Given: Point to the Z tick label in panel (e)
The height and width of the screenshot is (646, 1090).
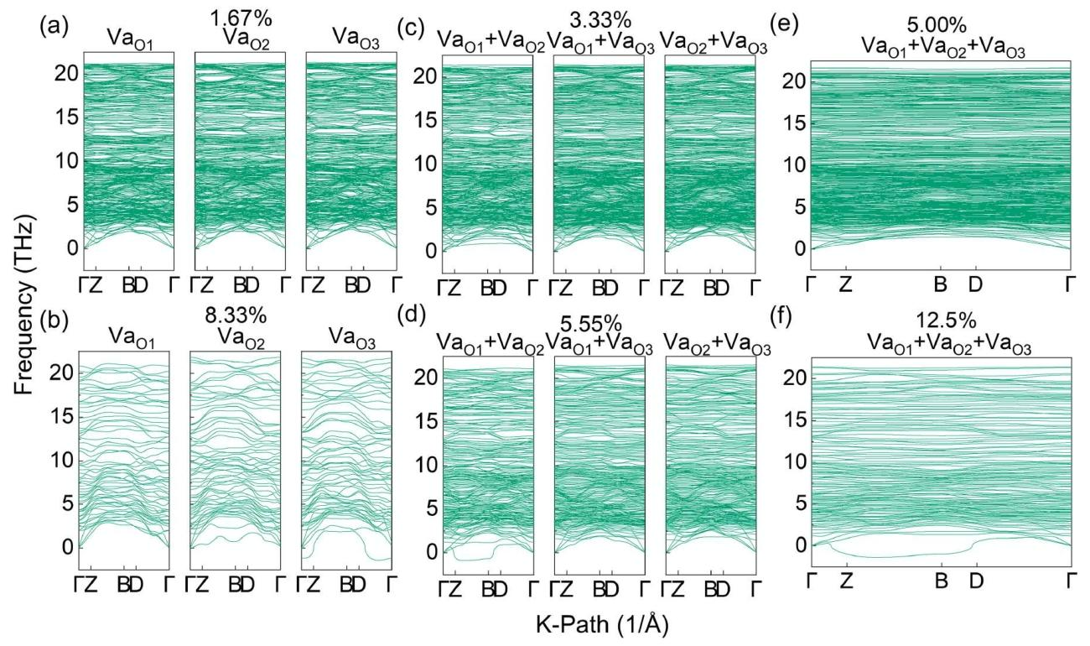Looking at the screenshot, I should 846,285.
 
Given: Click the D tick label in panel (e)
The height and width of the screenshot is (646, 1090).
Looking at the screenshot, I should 975,285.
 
